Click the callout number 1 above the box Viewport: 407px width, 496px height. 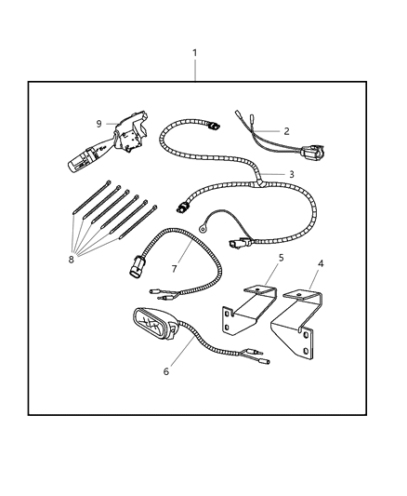point(195,53)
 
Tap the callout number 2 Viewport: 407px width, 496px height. point(287,131)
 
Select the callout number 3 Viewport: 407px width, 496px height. point(291,174)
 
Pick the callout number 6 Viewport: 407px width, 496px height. point(167,372)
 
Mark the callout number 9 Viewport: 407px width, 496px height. point(98,123)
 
